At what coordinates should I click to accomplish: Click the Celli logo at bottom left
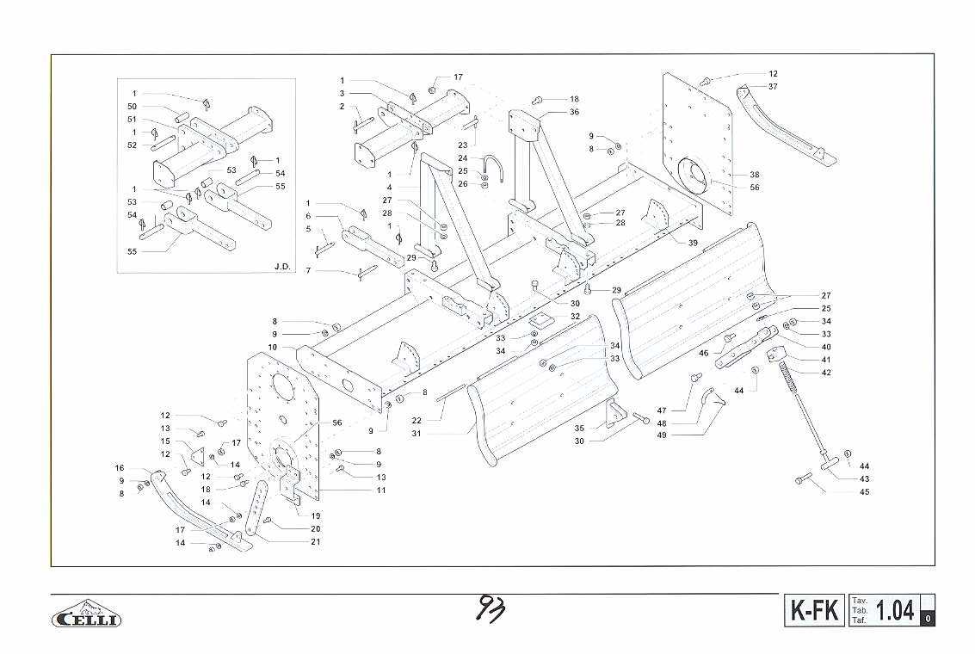click(88, 616)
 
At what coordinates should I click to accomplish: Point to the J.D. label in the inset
click(282, 266)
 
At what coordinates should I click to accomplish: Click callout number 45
click(864, 492)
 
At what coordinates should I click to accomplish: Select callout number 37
click(773, 87)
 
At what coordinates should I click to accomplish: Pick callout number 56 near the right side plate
click(755, 188)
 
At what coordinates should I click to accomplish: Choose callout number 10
click(272, 347)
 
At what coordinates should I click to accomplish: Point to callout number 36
click(574, 113)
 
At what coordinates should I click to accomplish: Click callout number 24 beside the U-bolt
click(462, 158)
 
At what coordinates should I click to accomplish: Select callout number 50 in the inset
click(133, 106)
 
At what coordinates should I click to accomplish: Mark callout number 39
click(693, 244)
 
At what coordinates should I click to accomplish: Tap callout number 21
click(316, 541)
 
